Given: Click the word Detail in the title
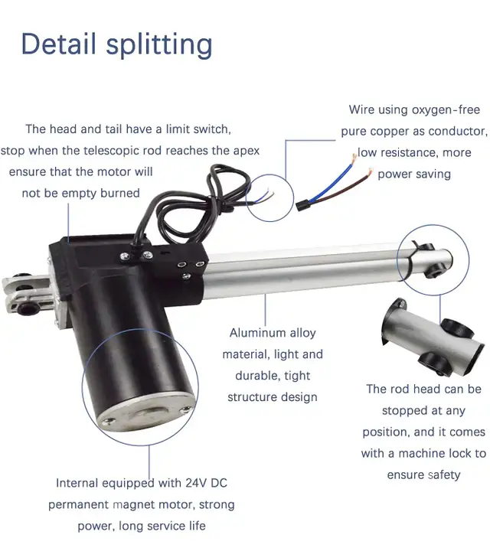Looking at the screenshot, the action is click(58, 44).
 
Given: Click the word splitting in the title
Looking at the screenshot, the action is click(159, 46).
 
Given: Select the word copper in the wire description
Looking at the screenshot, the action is click(390, 132).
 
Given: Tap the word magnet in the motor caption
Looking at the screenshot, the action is click(132, 505).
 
